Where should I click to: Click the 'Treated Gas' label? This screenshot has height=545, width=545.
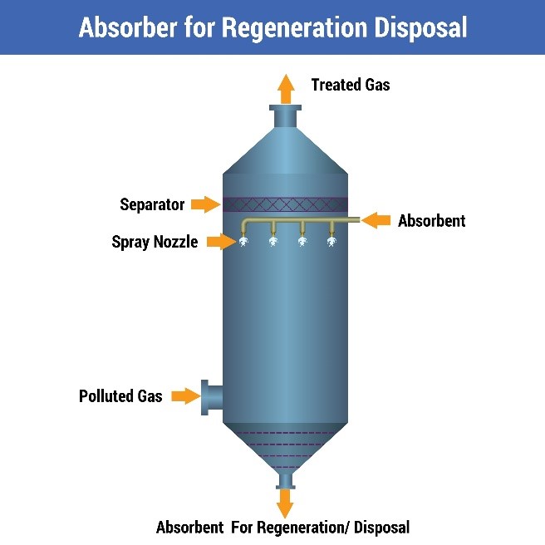(350, 85)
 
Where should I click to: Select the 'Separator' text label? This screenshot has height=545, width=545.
(152, 204)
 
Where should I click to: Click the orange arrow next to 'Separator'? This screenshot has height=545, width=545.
(204, 204)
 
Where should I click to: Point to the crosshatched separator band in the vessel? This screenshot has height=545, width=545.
(285, 204)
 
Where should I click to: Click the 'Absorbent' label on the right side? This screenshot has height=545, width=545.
(431, 221)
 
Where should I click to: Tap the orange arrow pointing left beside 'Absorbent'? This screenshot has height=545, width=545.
(376, 220)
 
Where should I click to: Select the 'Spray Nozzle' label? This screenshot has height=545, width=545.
(155, 243)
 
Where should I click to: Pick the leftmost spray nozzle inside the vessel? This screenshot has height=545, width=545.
(245, 241)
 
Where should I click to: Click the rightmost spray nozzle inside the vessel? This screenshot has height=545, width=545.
(331, 241)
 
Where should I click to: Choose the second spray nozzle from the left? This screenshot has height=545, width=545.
(272, 241)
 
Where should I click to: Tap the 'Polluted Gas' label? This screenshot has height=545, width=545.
(120, 396)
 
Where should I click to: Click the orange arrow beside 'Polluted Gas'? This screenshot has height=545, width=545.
(184, 396)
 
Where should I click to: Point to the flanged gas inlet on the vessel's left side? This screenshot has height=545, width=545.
(210, 397)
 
